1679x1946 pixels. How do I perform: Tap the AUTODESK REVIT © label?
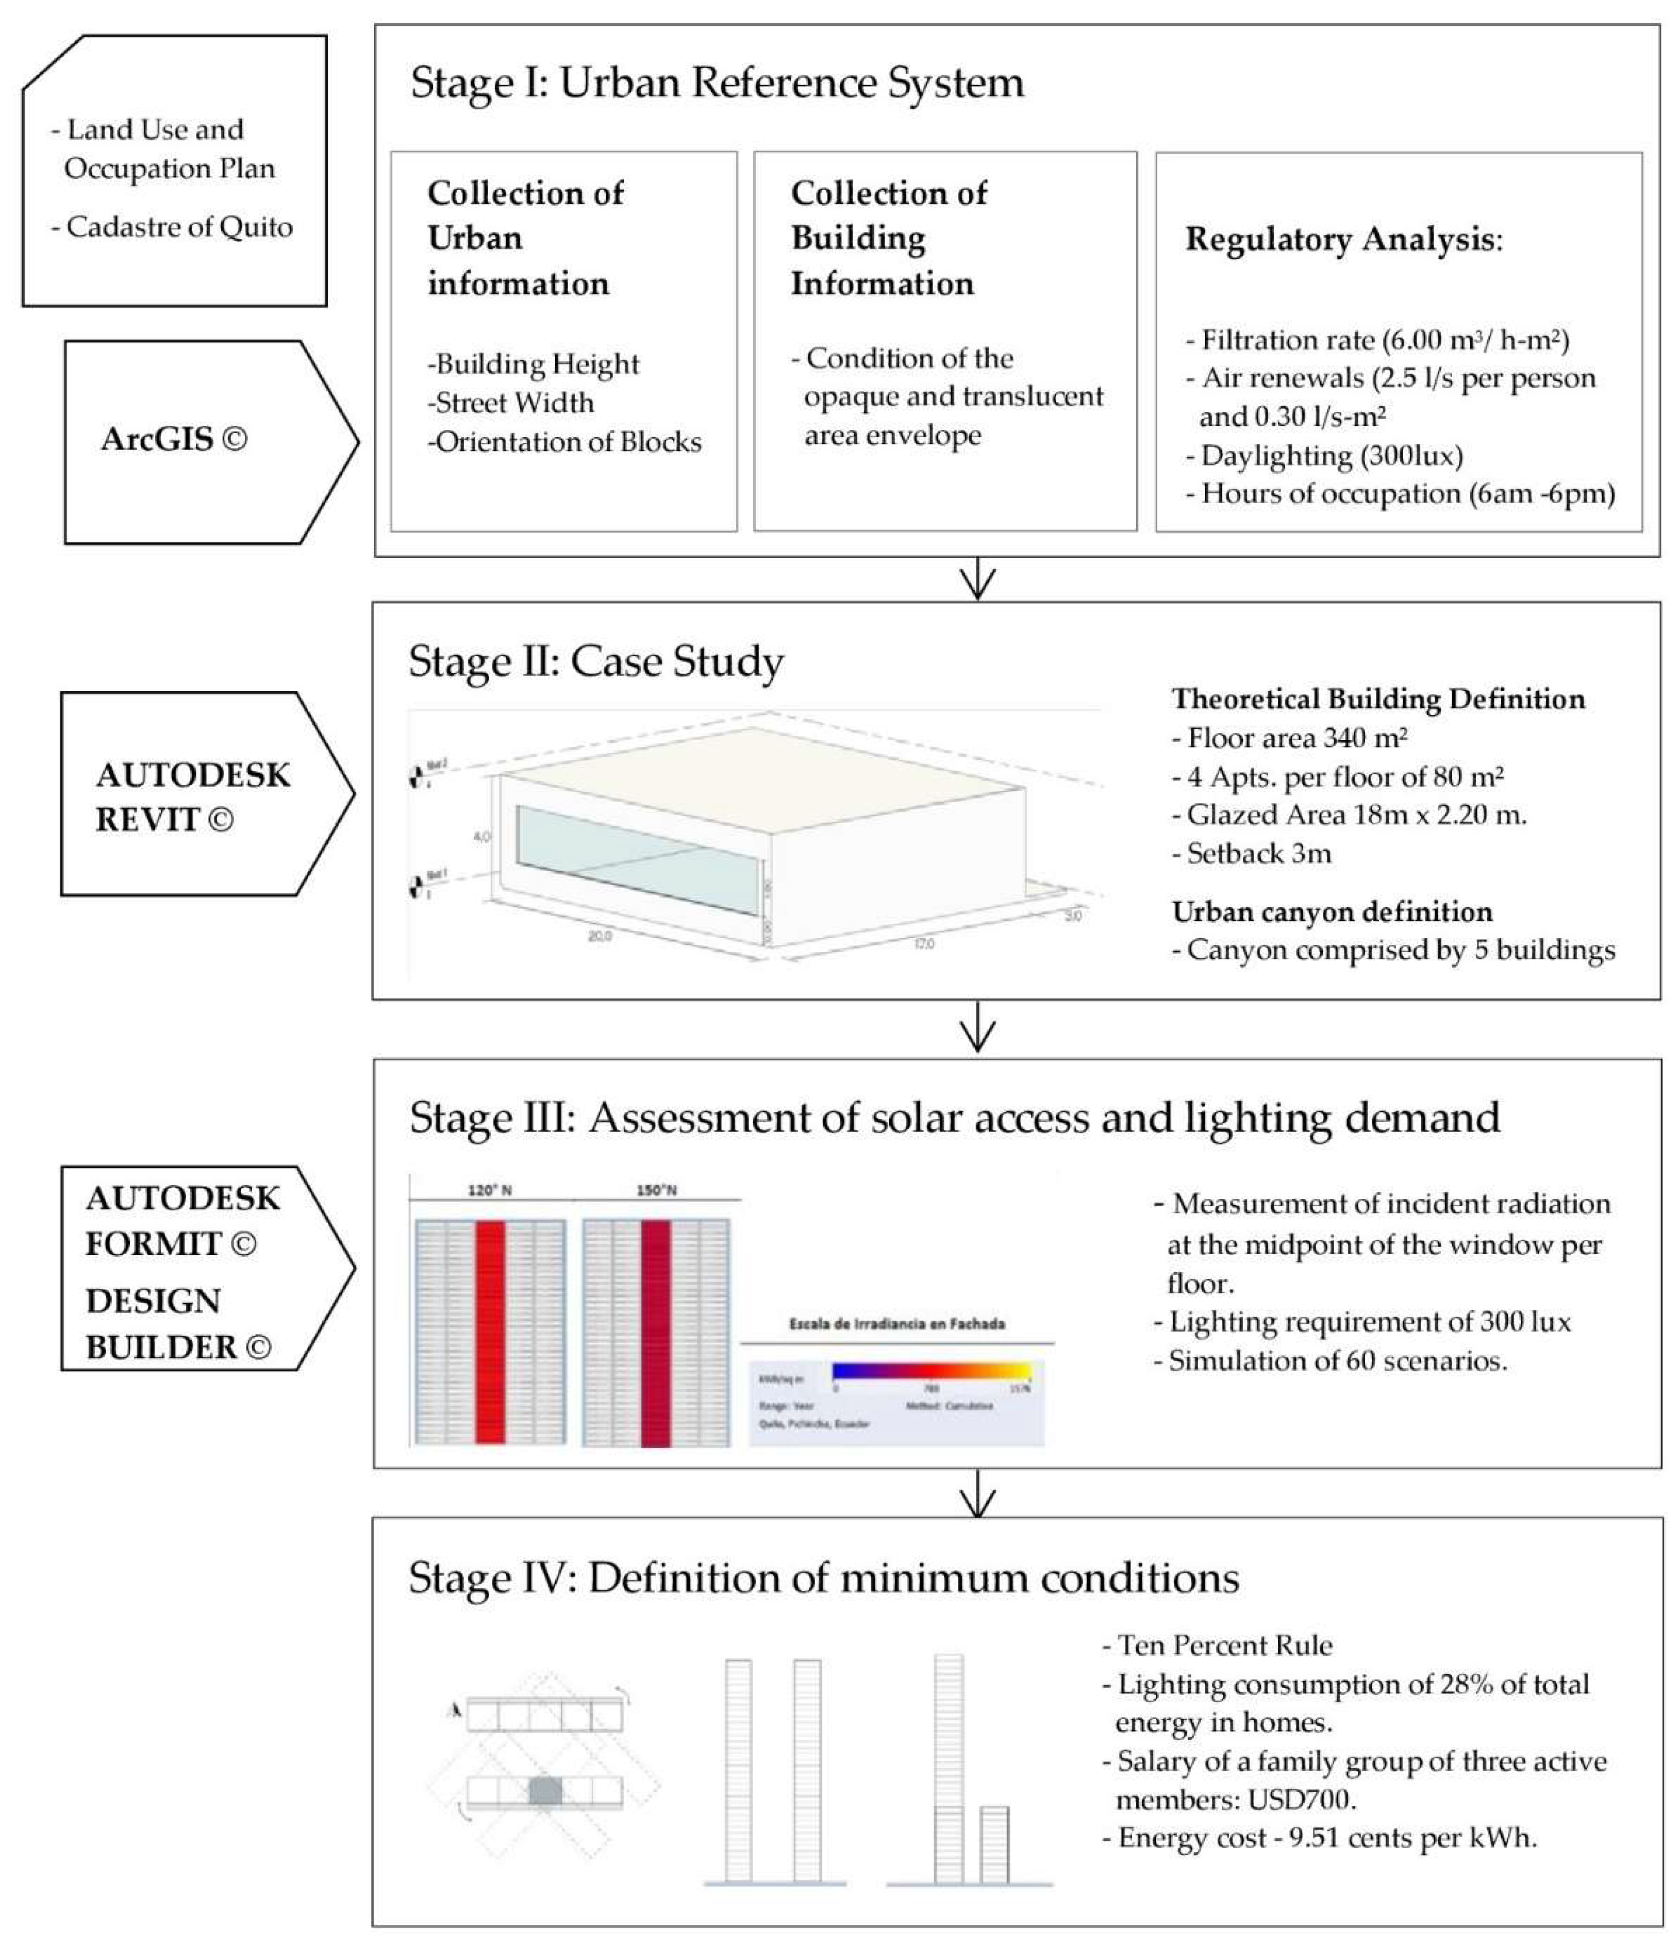[x=192, y=796]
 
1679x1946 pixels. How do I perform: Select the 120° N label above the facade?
[x=489, y=1190]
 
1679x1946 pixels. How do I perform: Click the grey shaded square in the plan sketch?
[x=545, y=1791]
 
